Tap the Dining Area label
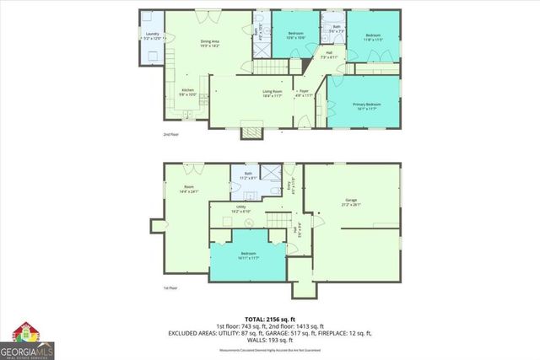(210, 44)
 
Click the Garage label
(351, 202)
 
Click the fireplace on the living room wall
(251, 131)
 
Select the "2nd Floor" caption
(171, 135)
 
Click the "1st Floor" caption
(171, 288)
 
